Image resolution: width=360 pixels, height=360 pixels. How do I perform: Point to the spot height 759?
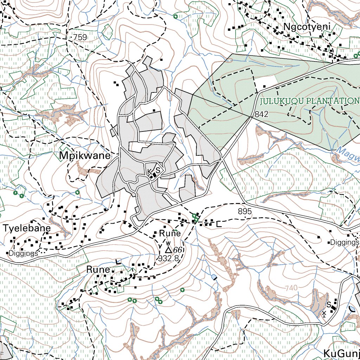click(x=80, y=37)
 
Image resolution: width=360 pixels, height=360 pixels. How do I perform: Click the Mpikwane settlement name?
click(x=85, y=155)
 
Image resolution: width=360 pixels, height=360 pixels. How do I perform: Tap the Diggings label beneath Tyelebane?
click(x=23, y=253)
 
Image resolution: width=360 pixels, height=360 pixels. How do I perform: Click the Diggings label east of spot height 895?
click(x=345, y=243)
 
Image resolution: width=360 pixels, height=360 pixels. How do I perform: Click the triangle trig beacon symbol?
click(x=168, y=250)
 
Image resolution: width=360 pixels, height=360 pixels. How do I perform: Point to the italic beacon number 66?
click(x=178, y=250)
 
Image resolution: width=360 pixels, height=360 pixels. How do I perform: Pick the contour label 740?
click(x=291, y=288)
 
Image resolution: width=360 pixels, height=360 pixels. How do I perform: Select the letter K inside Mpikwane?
click(x=149, y=172)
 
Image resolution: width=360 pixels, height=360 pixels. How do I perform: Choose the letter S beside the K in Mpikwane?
click(x=158, y=170)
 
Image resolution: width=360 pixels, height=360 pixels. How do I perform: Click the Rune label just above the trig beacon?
click(x=170, y=233)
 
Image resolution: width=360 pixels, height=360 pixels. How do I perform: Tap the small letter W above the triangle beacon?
click(x=168, y=243)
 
